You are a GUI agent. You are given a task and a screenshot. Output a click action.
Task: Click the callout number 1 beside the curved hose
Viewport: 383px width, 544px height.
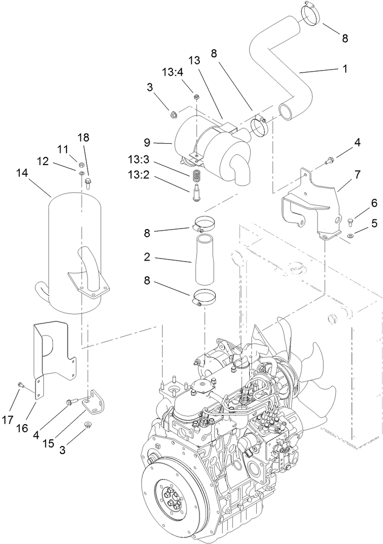click(x=345, y=68)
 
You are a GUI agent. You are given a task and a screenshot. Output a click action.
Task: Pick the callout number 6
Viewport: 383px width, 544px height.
click(x=360, y=203)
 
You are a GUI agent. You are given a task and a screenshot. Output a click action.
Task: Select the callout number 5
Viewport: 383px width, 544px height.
click(x=360, y=222)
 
